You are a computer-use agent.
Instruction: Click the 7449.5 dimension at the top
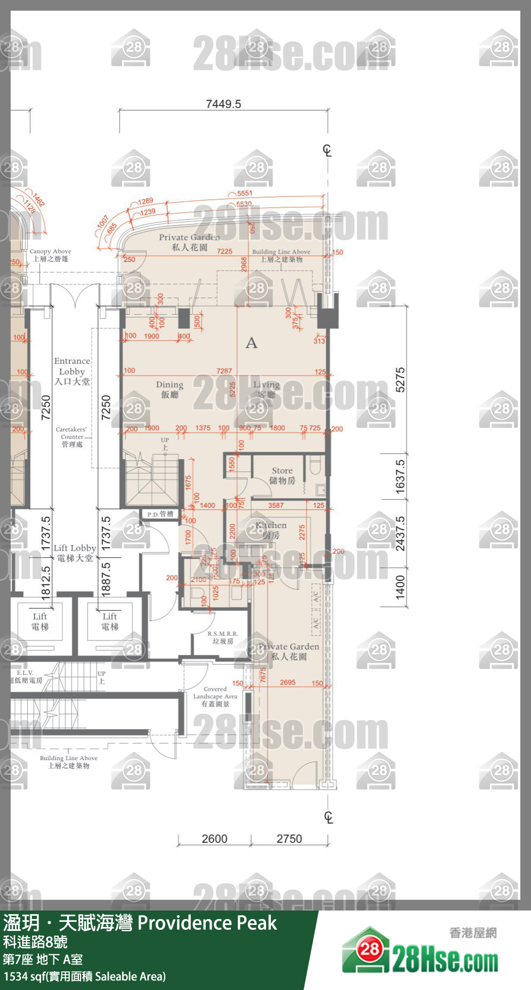pos(223,104)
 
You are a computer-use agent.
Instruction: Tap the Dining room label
pos(170,389)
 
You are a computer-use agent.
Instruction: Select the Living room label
pos(267,389)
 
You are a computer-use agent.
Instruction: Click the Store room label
pos(282,475)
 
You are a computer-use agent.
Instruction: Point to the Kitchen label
pos(271,530)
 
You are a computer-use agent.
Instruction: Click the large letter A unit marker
pos(252,343)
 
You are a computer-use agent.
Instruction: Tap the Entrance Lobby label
pos(72,371)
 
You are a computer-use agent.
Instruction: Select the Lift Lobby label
pos(75,553)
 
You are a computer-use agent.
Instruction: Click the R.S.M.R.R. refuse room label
pos(223,637)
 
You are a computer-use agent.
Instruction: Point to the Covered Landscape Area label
pos(215,697)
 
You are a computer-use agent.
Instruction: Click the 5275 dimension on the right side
pos(400,380)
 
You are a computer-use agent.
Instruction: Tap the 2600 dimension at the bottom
pos(214,839)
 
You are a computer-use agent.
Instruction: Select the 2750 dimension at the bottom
pos(289,839)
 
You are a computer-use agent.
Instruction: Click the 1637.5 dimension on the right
pos(400,476)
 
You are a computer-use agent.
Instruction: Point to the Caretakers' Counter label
pos(71,436)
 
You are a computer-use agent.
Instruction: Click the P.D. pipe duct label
pos(160,514)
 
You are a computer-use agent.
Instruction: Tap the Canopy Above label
pos(50,255)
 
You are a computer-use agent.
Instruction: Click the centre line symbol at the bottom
pos(328,817)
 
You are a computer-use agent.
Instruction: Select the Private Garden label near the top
pos(189,242)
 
